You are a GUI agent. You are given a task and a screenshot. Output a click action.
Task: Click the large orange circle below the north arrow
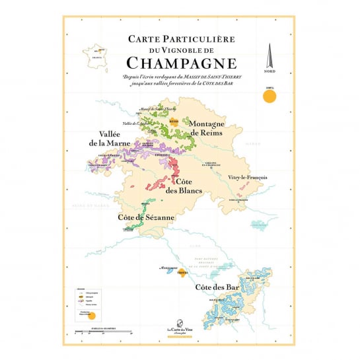(x=269, y=97)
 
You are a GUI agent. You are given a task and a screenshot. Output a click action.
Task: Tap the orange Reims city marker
(x=174, y=122)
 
